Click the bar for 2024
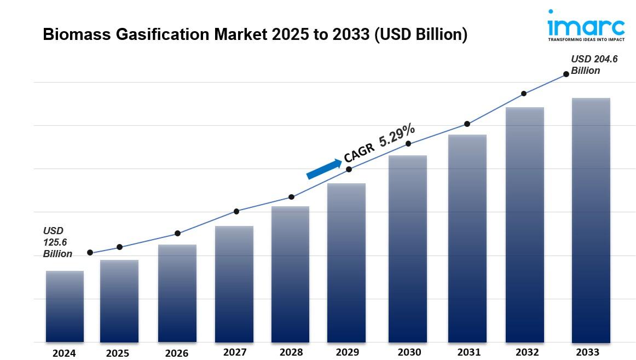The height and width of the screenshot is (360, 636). pyautogui.click(x=65, y=306)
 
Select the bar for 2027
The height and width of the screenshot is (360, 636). pyautogui.click(x=234, y=284)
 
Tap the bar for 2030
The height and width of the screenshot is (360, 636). pyautogui.click(x=408, y=249)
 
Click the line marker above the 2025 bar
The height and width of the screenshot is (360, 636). pyautogui.click(x=120, y=247)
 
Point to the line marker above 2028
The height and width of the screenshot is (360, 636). pyautogui.click(x=291, y=197)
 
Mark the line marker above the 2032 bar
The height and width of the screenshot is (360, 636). pyautogui.click(x=524, y=94)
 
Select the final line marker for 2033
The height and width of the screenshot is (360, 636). pyautogui.click(x=566, y=74)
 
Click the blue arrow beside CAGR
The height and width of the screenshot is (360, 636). pyautogui.click(x=323, y=169)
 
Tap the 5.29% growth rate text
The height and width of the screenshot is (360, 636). pyautogui.click(x=397, y=135)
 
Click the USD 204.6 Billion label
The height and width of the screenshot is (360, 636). pyautogui.click(x=594, y=65)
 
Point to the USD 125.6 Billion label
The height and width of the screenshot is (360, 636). pyautogui.click(x=57, y=242)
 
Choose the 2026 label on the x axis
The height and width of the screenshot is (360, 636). pyautogui.click(x=177, y=353)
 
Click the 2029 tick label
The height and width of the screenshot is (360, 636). pyautogui.click(x=347, y=352)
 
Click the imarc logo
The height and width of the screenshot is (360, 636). pyautogui.click(x=586, y=26)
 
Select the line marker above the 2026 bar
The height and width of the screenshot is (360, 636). pyautogui.click(x=177, y=234)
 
